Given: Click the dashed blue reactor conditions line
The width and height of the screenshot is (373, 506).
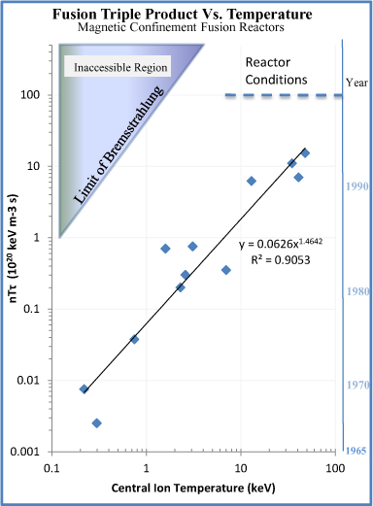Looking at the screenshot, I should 283,95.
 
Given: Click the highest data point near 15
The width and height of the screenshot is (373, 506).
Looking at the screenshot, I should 305,153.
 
